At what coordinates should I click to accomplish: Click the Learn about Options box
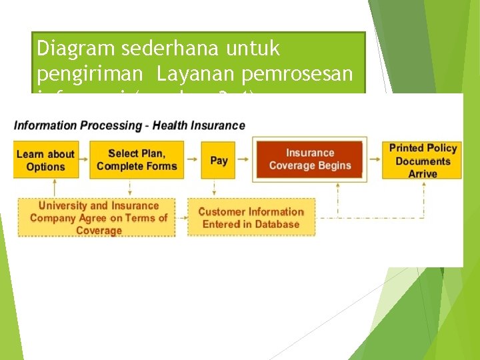45,160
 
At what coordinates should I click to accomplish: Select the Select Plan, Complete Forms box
137,160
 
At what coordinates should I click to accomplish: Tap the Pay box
219,160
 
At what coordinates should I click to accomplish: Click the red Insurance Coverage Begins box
309,159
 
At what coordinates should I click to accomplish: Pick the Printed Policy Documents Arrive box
422,160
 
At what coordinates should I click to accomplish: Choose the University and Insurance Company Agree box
98,218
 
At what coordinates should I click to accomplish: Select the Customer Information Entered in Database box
251,218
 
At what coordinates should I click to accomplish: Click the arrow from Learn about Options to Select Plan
83,160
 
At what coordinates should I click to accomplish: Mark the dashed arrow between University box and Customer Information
181,218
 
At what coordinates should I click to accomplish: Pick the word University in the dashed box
65,206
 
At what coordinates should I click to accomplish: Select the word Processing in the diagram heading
107,125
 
